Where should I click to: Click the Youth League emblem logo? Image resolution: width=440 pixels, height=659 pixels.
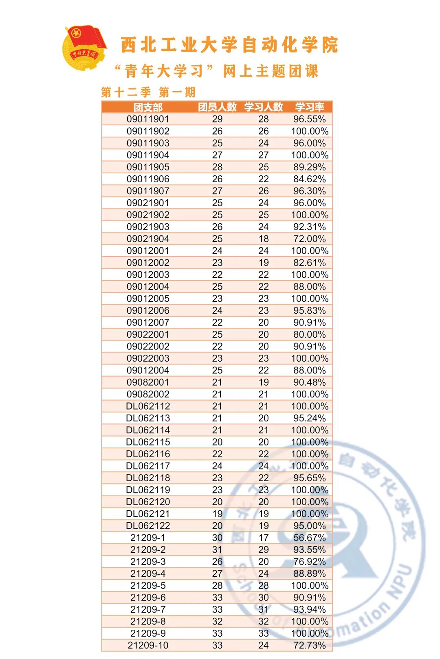(x=84, y=48)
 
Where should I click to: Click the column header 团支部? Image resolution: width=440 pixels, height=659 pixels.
(x=148, y=107)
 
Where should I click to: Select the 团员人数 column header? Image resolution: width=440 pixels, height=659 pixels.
(x=217, y=107)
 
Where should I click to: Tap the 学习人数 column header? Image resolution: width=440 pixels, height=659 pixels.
(x=263, y=107)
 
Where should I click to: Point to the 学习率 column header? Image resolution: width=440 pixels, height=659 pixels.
(x=310, y=107)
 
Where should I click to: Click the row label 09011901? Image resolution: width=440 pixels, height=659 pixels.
(x=148, y=119)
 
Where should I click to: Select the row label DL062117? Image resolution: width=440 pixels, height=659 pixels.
(x=148, y=466)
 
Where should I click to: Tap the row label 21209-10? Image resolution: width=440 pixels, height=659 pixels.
(x=148, y=645)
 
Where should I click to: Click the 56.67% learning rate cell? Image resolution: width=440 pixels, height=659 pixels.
(x=310, y=538)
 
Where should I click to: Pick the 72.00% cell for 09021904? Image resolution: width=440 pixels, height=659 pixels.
(x=310, y=239)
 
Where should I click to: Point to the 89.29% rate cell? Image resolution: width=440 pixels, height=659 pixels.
(x=310, y=167)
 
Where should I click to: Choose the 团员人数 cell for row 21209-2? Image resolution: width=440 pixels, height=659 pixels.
(x=217, y=550)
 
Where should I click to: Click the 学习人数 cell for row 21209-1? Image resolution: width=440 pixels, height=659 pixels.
(x=263, y=538)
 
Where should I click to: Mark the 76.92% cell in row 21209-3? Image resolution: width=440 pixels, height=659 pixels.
(x=310, y=562)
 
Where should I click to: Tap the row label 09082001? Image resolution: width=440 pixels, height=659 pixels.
(x=148, y=382)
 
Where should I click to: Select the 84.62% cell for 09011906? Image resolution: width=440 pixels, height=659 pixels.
(x=310, y=179)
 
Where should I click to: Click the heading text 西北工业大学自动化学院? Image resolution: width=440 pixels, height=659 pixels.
(x=229, y=45)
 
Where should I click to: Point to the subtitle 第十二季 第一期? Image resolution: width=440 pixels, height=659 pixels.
(x=148, y=92)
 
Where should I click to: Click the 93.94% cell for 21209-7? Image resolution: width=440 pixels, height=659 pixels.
(x=310, y=609)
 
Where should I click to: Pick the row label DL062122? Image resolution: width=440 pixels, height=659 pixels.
(x=148, y=526)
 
